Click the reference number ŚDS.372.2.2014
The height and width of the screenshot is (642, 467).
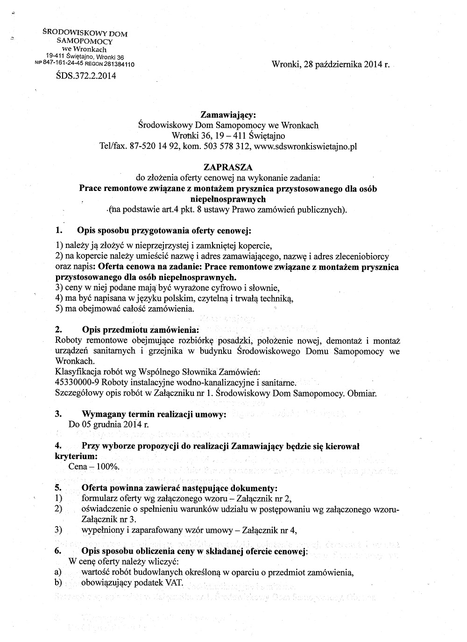pos(85,75)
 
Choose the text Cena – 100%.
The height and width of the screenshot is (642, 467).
pos(94,466)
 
